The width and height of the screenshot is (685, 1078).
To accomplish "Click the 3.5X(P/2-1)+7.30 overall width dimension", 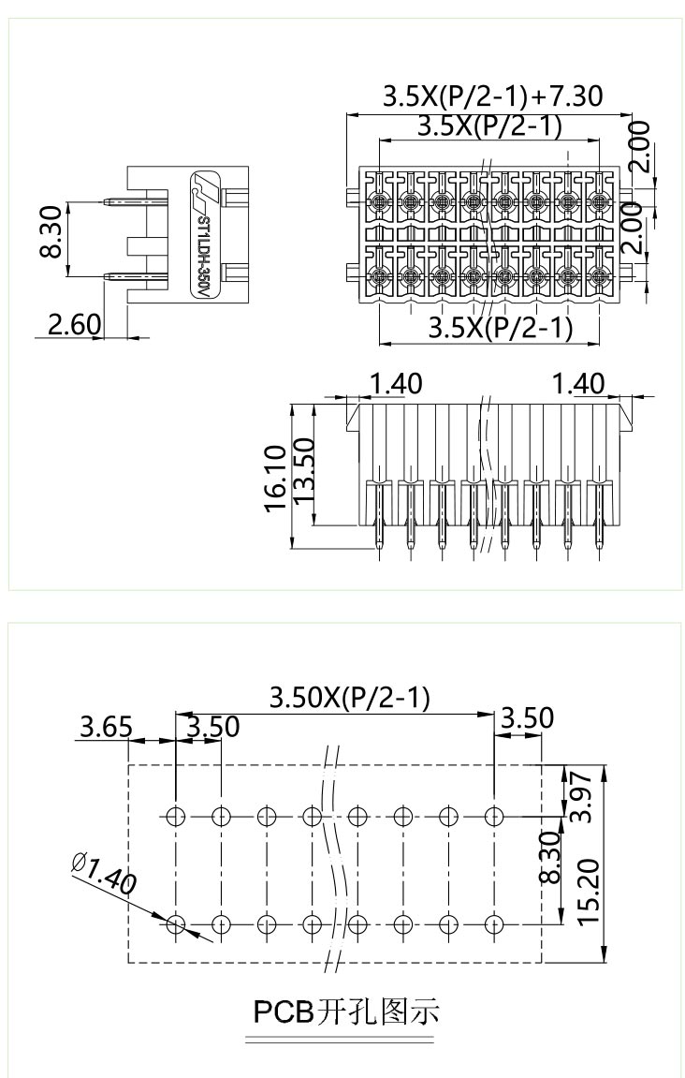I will tap(492, 96).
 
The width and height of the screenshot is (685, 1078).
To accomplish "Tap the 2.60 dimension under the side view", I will tap(73, 324).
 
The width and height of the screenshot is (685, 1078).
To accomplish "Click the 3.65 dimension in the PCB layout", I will tap(105, 727).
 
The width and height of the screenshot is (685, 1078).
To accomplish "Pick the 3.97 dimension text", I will tap(582, 794).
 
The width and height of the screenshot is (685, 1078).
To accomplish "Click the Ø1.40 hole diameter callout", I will tap(103, 873).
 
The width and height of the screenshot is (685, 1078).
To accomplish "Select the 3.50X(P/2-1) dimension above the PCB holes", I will tap(349, 698).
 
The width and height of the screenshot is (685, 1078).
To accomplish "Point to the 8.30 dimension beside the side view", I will tap(51, 232).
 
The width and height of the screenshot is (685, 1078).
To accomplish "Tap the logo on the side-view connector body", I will tap(203, 190).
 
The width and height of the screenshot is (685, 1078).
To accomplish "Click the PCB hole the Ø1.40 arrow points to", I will tap(175, 924).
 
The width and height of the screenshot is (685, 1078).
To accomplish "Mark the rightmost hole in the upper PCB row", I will tap(494, 815).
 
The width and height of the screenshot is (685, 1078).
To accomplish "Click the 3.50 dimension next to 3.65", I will tap(212, 727).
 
